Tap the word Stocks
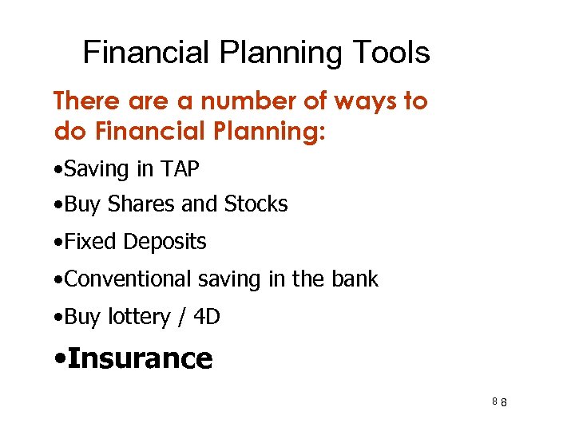point(256,204)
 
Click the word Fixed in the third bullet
point(92,242)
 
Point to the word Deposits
point(165,242)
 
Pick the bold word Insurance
point(141,358)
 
